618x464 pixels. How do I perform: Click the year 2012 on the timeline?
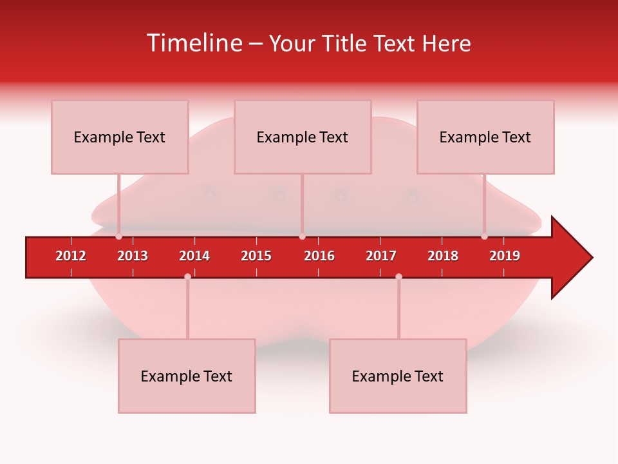tap(71, 256)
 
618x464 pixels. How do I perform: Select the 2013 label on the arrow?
tap(133, 256)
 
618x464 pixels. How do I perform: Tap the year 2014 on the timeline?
tap(194, 256)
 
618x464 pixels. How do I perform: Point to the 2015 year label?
tap(256, 256)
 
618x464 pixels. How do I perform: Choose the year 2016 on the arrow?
tap(319, 256)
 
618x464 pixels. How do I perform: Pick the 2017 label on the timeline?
tap(381, 256)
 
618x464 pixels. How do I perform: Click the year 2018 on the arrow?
tap(443, 256)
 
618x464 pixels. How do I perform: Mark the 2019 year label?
tap(505, 256)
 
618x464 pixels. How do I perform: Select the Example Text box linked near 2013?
tap(120, 137)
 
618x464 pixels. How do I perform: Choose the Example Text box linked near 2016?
tap(303, 137)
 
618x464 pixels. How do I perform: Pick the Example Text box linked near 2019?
tap(485, 137)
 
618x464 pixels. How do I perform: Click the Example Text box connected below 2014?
tap(187, 376)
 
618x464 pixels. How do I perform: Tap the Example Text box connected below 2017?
tap(398, 376)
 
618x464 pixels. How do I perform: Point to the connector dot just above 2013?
tap(118, 237)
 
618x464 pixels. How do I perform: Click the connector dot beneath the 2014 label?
tap(187, 276)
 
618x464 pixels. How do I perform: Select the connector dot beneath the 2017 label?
tap(398, 276)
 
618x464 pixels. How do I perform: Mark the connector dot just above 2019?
tap(484, 237)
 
